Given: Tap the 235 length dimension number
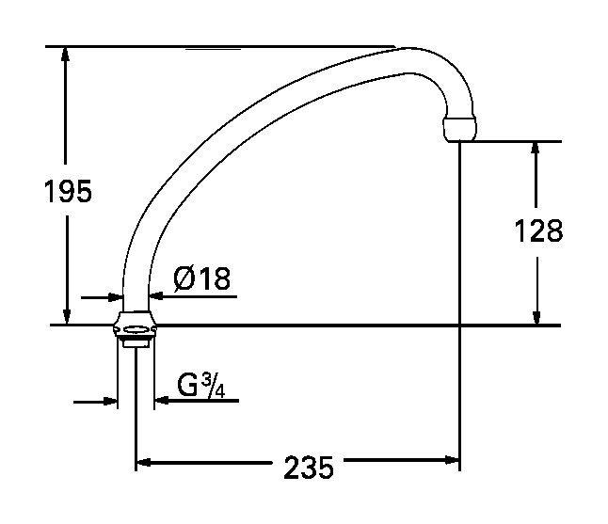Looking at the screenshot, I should (308, 467).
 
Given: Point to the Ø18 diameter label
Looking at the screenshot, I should (202, 278).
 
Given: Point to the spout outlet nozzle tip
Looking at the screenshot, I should (459, 129).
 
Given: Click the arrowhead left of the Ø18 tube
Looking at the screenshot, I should (115, 296).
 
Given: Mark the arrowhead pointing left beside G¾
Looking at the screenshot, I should (161, 401).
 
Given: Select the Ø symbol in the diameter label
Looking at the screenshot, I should (185, 278).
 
